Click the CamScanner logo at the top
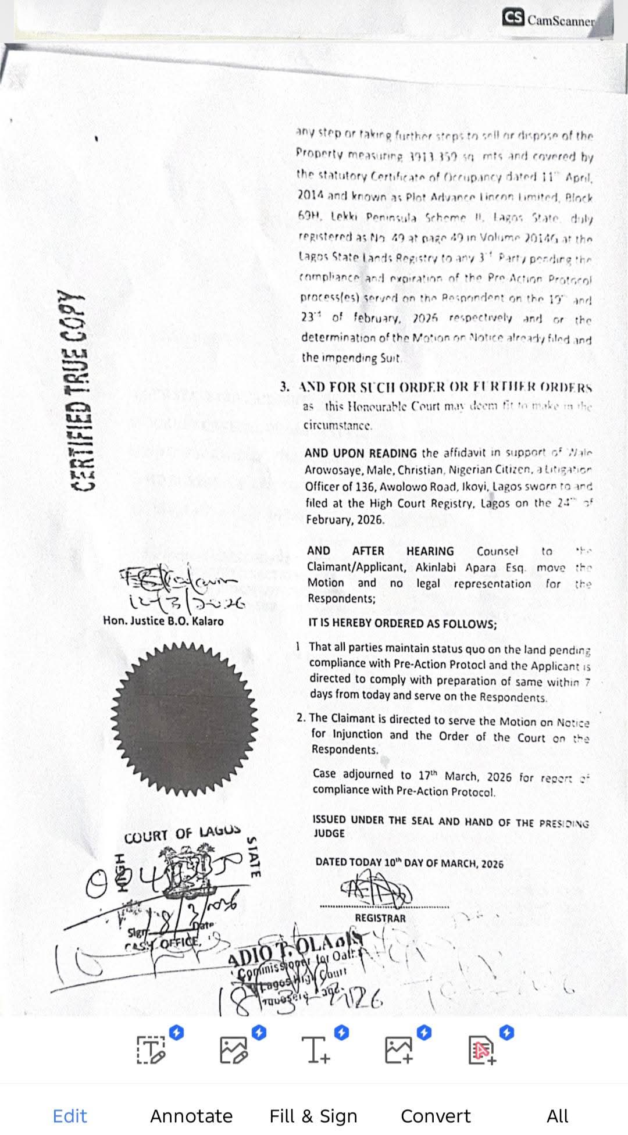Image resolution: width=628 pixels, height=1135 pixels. coord(549,19)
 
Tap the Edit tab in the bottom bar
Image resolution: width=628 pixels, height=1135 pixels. coord(70,1116)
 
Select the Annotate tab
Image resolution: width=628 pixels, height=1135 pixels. coord(191,1116)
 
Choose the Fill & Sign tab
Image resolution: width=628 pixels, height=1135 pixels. coord(313,1116)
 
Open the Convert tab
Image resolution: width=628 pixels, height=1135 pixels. coord(436,1116)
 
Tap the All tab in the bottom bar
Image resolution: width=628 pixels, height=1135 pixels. coord(557,1116)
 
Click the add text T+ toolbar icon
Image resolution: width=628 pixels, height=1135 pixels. coord(316,1050)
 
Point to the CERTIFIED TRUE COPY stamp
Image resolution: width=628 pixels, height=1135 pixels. coord(85,390)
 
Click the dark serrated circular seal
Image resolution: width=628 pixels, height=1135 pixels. coord(184,719)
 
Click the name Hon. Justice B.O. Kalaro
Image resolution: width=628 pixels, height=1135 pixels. coord(163,621)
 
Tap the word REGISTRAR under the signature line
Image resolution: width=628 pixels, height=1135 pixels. coord(380,918)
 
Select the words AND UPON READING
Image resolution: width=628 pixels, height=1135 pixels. coord(361,453)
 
